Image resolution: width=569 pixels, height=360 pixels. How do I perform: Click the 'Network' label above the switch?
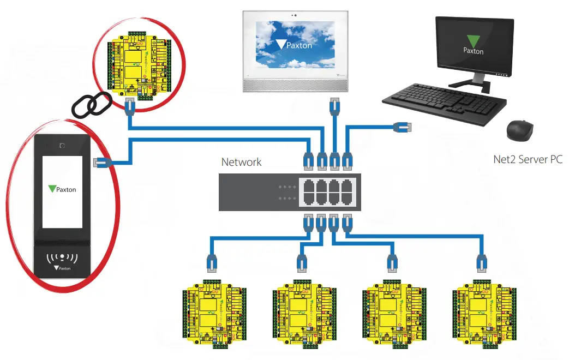click(241, 162)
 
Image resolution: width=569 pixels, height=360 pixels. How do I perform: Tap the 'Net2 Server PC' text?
click(528, 159)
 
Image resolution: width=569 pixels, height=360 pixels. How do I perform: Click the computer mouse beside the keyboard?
click(520, 130)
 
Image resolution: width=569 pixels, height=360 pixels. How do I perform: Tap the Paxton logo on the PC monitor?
click(473, 45)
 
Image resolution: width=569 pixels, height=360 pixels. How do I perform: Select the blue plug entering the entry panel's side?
click(102, 162)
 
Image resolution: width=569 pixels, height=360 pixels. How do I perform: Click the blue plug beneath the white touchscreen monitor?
click(334, 105)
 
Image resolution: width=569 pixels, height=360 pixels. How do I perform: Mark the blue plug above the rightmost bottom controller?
click(482, 263)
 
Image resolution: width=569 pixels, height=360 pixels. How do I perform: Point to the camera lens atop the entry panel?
click(63, 146)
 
